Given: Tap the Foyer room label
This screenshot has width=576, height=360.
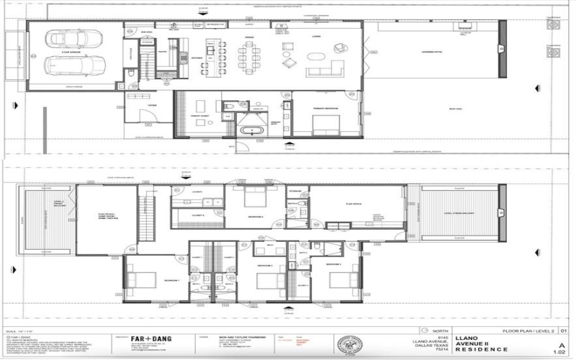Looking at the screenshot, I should tap(152, 104).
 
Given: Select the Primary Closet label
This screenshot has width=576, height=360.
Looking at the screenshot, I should tap(199, 115).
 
